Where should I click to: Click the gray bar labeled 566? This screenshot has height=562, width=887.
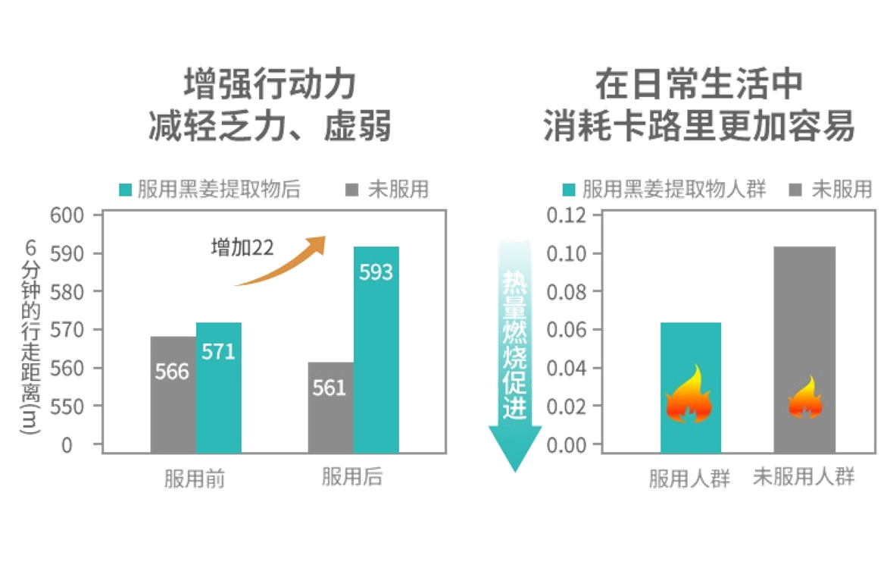[x=173, y=394]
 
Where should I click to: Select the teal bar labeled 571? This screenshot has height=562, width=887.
[x=219, y=388]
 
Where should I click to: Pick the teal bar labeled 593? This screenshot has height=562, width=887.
[x=376, y=349]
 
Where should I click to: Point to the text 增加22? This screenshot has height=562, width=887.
[x=242, y=248]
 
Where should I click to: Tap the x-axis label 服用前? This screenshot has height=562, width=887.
[x=195, y=479]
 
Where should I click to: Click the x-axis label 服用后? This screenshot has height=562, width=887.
[x=352, y=478]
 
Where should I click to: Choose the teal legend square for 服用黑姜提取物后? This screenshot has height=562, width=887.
[x=126, y=190]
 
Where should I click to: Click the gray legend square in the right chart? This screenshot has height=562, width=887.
[x=796, y=190]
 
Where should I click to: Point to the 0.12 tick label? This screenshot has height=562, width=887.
[x=566, y=215]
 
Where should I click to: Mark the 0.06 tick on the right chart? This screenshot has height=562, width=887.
[x=566, y=330]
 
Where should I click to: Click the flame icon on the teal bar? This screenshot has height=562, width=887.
[x=689, y=396]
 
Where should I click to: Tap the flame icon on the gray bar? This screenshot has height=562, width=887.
[x=804, y=398]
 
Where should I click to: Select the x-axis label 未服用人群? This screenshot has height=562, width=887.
[x=804, y=478]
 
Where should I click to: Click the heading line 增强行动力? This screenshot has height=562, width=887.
[x=270, y=83]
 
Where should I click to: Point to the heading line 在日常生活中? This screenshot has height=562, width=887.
[x=698, y=83]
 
